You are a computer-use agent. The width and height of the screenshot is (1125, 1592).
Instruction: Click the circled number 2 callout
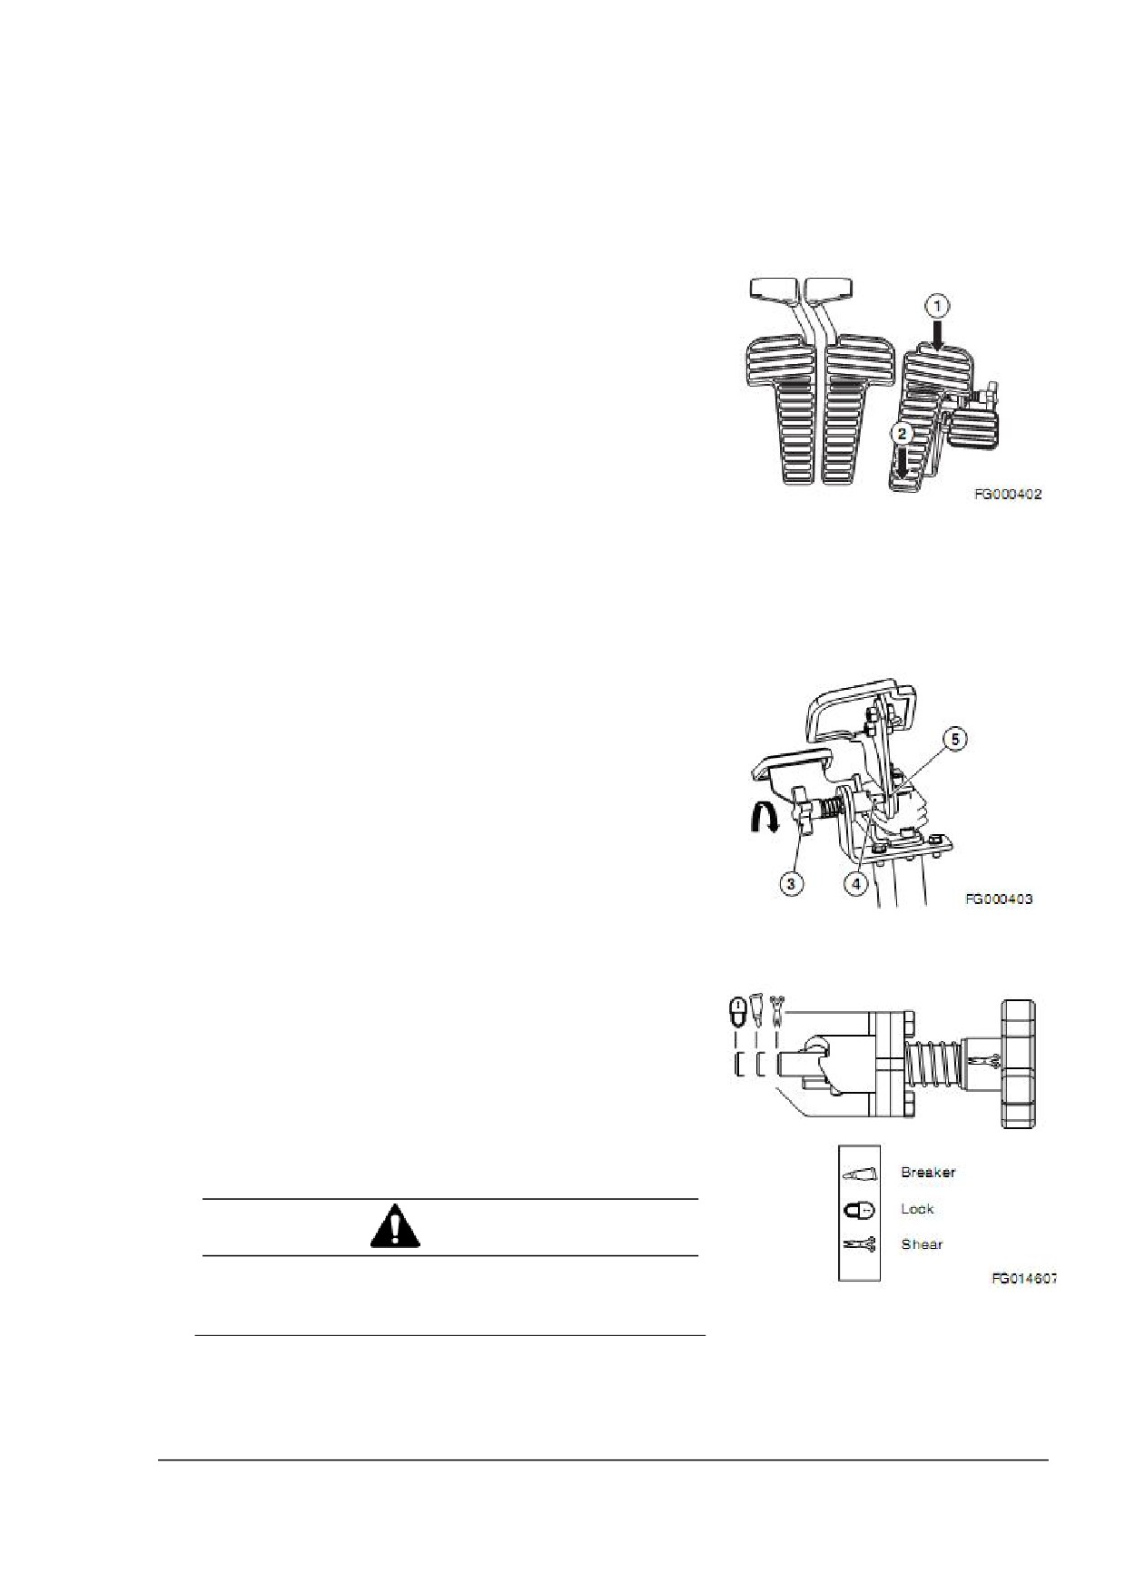click(902, 434)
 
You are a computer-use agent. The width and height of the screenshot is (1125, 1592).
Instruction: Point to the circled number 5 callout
click(952, 740)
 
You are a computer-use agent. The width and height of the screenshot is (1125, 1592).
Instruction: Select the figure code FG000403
click(999, 899)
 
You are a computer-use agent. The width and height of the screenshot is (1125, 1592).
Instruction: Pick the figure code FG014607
click(1023, 1277)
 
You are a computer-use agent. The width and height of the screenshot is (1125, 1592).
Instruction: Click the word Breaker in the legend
click(928, 1172)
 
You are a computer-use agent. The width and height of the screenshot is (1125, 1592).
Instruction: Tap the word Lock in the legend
click(917, 1208)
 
